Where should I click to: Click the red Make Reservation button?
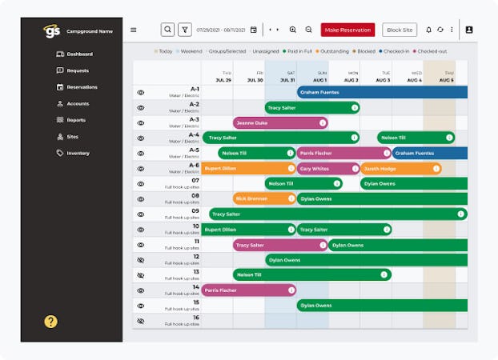(347, 30)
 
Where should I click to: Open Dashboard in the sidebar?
(79, 54)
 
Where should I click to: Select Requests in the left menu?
(78, 70)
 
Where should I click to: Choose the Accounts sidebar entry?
(78, 103)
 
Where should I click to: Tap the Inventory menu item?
(78, 153)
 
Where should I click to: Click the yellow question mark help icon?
(51, 322)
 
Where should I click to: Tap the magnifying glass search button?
(167, 30)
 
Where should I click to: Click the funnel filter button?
(185, 30)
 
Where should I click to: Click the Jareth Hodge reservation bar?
(400, 169)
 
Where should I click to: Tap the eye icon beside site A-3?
(141, 123)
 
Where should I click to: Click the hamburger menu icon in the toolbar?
(134, 30)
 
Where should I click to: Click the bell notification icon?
(428, 30)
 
